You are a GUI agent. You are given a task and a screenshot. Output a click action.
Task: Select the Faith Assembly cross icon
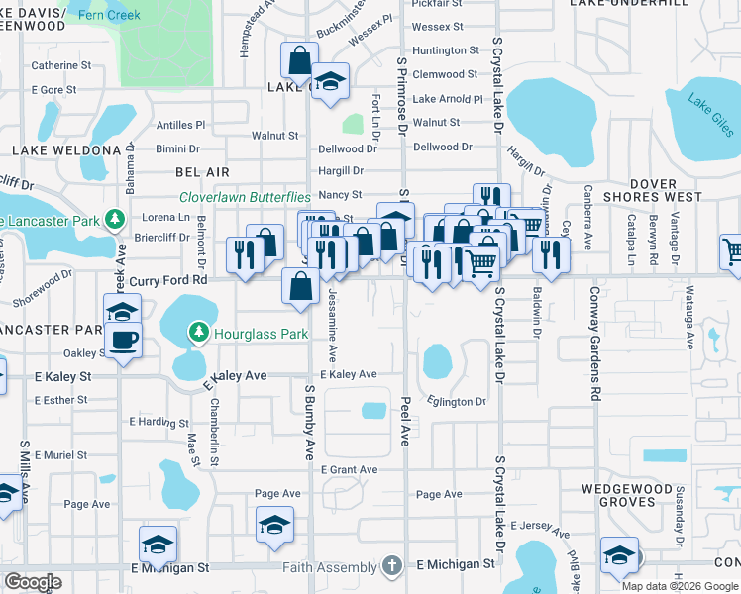pyautogui.click(x=391, y=566)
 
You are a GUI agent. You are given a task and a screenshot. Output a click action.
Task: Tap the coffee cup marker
pyautogui.click(x=123, y=343)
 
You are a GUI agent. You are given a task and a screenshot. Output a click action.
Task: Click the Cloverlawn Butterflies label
pyautogui.click(x=245, y=197)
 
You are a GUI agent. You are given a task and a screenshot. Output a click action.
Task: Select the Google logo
pyautogui.click(x=34, y=581)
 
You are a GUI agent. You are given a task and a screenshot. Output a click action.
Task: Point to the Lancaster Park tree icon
pyautogui.click(x=115, y=218)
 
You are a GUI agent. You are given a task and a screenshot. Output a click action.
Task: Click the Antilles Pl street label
pyautogui.click(x=180, y=125)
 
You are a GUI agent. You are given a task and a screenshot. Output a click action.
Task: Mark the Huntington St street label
pyautogui.click(x=446, y=50)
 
